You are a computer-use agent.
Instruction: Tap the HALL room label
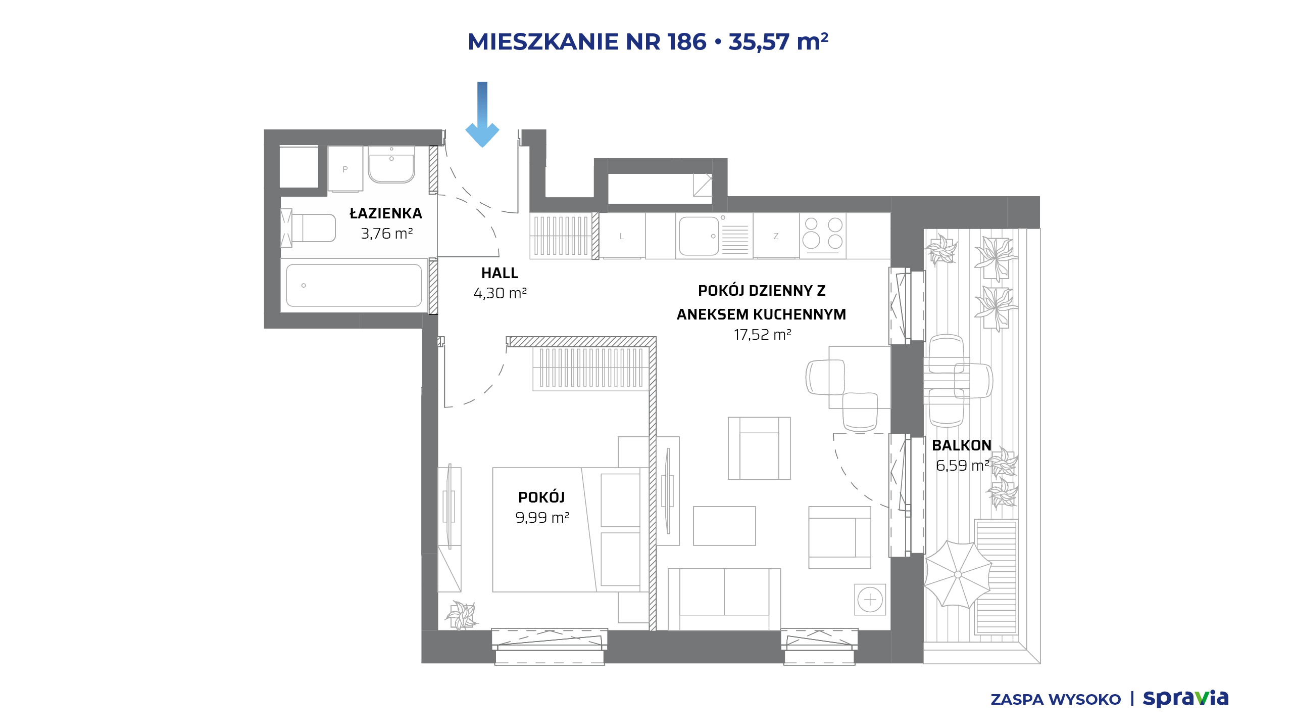(500, 273)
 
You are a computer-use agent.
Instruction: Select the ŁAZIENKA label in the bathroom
(386, 213)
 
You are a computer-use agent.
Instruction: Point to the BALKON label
(962, 445)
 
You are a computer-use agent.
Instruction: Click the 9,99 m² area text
(542, 518)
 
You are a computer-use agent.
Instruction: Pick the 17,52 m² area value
(762, 335)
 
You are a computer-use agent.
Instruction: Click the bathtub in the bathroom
(354, 286)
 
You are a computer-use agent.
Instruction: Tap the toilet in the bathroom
(309, 228)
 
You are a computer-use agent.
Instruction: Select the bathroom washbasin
(391, 164)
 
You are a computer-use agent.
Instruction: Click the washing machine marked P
(345, 169)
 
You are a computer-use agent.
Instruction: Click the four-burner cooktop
(823, 235)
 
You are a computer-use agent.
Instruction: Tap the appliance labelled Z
(776, 236)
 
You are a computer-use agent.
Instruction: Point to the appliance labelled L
(622, 236)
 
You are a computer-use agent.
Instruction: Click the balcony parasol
(958, 574)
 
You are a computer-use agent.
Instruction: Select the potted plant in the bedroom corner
(461, 615)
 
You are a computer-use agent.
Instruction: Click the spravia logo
(1185, 699)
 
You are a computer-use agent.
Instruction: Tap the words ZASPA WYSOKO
(1056, 700)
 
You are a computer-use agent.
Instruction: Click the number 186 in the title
(686, 42)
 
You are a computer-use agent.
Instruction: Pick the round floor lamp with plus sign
(870, 600)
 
